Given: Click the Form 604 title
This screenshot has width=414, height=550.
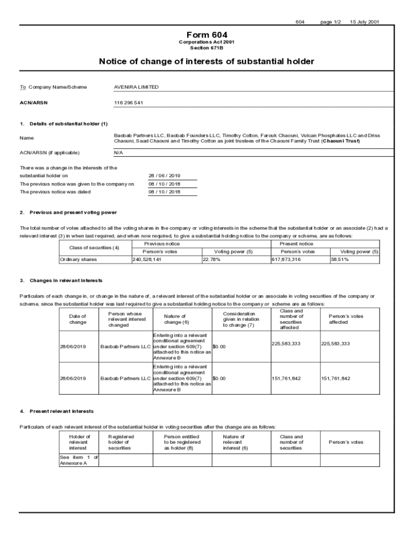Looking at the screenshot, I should point(206,34).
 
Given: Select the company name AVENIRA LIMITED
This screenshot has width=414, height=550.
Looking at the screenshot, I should point(136,87).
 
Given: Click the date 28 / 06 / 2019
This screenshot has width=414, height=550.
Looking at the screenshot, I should point(165,175).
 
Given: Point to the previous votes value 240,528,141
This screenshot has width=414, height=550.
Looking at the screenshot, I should point(147,259).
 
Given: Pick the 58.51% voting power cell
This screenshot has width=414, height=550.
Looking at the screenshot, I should point(340,259).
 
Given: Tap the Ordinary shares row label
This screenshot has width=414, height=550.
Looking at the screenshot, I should point(78,259).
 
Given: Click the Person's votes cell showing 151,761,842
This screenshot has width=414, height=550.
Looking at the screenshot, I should point(336,379).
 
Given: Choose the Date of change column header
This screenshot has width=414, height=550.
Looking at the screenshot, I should point(78,319).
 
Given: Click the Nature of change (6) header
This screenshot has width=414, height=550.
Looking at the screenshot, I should point(176,319).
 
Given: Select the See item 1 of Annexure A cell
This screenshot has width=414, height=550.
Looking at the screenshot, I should point(78,460).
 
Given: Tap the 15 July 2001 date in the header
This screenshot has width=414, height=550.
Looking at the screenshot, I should point(365,22).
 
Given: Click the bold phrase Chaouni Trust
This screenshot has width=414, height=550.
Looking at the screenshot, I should point(341,141).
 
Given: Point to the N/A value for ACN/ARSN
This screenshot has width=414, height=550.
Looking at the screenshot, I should point(119,153).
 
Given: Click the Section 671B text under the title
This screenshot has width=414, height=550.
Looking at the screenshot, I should point(206,48).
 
